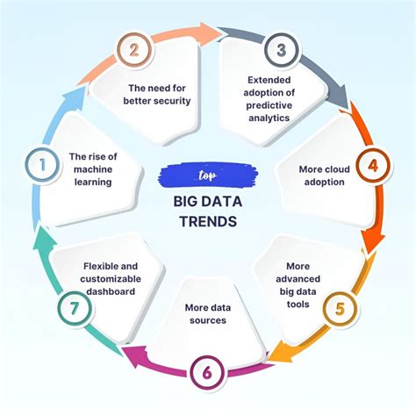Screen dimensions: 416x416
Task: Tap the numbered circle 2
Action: [133, 51]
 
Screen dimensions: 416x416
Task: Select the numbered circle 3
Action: [281, 50]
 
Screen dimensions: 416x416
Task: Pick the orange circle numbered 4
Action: [372, 164]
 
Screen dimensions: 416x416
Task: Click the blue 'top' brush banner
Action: [207, 175]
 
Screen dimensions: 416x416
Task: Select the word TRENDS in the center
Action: [208, 222]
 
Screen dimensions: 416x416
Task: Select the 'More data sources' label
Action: [208, 314]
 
